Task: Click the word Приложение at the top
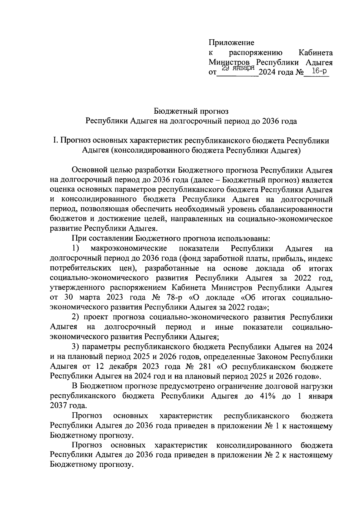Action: (x=231, y=43)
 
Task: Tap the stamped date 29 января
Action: (x=238, y=68)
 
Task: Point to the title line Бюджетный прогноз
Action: (x=191, y=112)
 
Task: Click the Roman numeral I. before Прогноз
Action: (x=55, y=140)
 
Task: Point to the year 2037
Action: (x=59, y=406)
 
